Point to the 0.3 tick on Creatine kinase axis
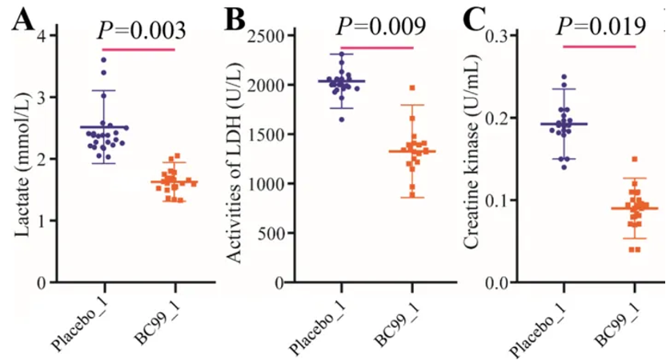tap(504, 35)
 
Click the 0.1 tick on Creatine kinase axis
tap(504, 200)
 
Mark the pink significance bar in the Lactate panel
tap(138, 50)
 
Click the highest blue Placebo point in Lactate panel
tap(103, 60)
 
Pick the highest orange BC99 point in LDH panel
tap(412, 88)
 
